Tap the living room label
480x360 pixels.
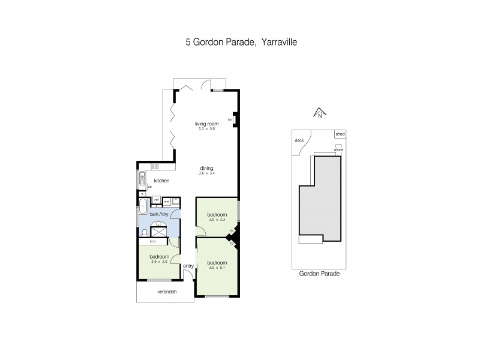click(205, 124)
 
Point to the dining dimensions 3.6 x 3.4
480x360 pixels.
click(207, 173)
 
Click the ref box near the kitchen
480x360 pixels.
click(157, 200)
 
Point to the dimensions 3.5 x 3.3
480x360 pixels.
click(217, 220)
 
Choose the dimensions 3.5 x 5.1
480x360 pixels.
click(216, 268)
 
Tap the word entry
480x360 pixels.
click(188, 266)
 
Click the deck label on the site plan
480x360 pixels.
click(300, 141)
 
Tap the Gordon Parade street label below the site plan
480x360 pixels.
click(319, 273)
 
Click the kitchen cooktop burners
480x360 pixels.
click(154, 167)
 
